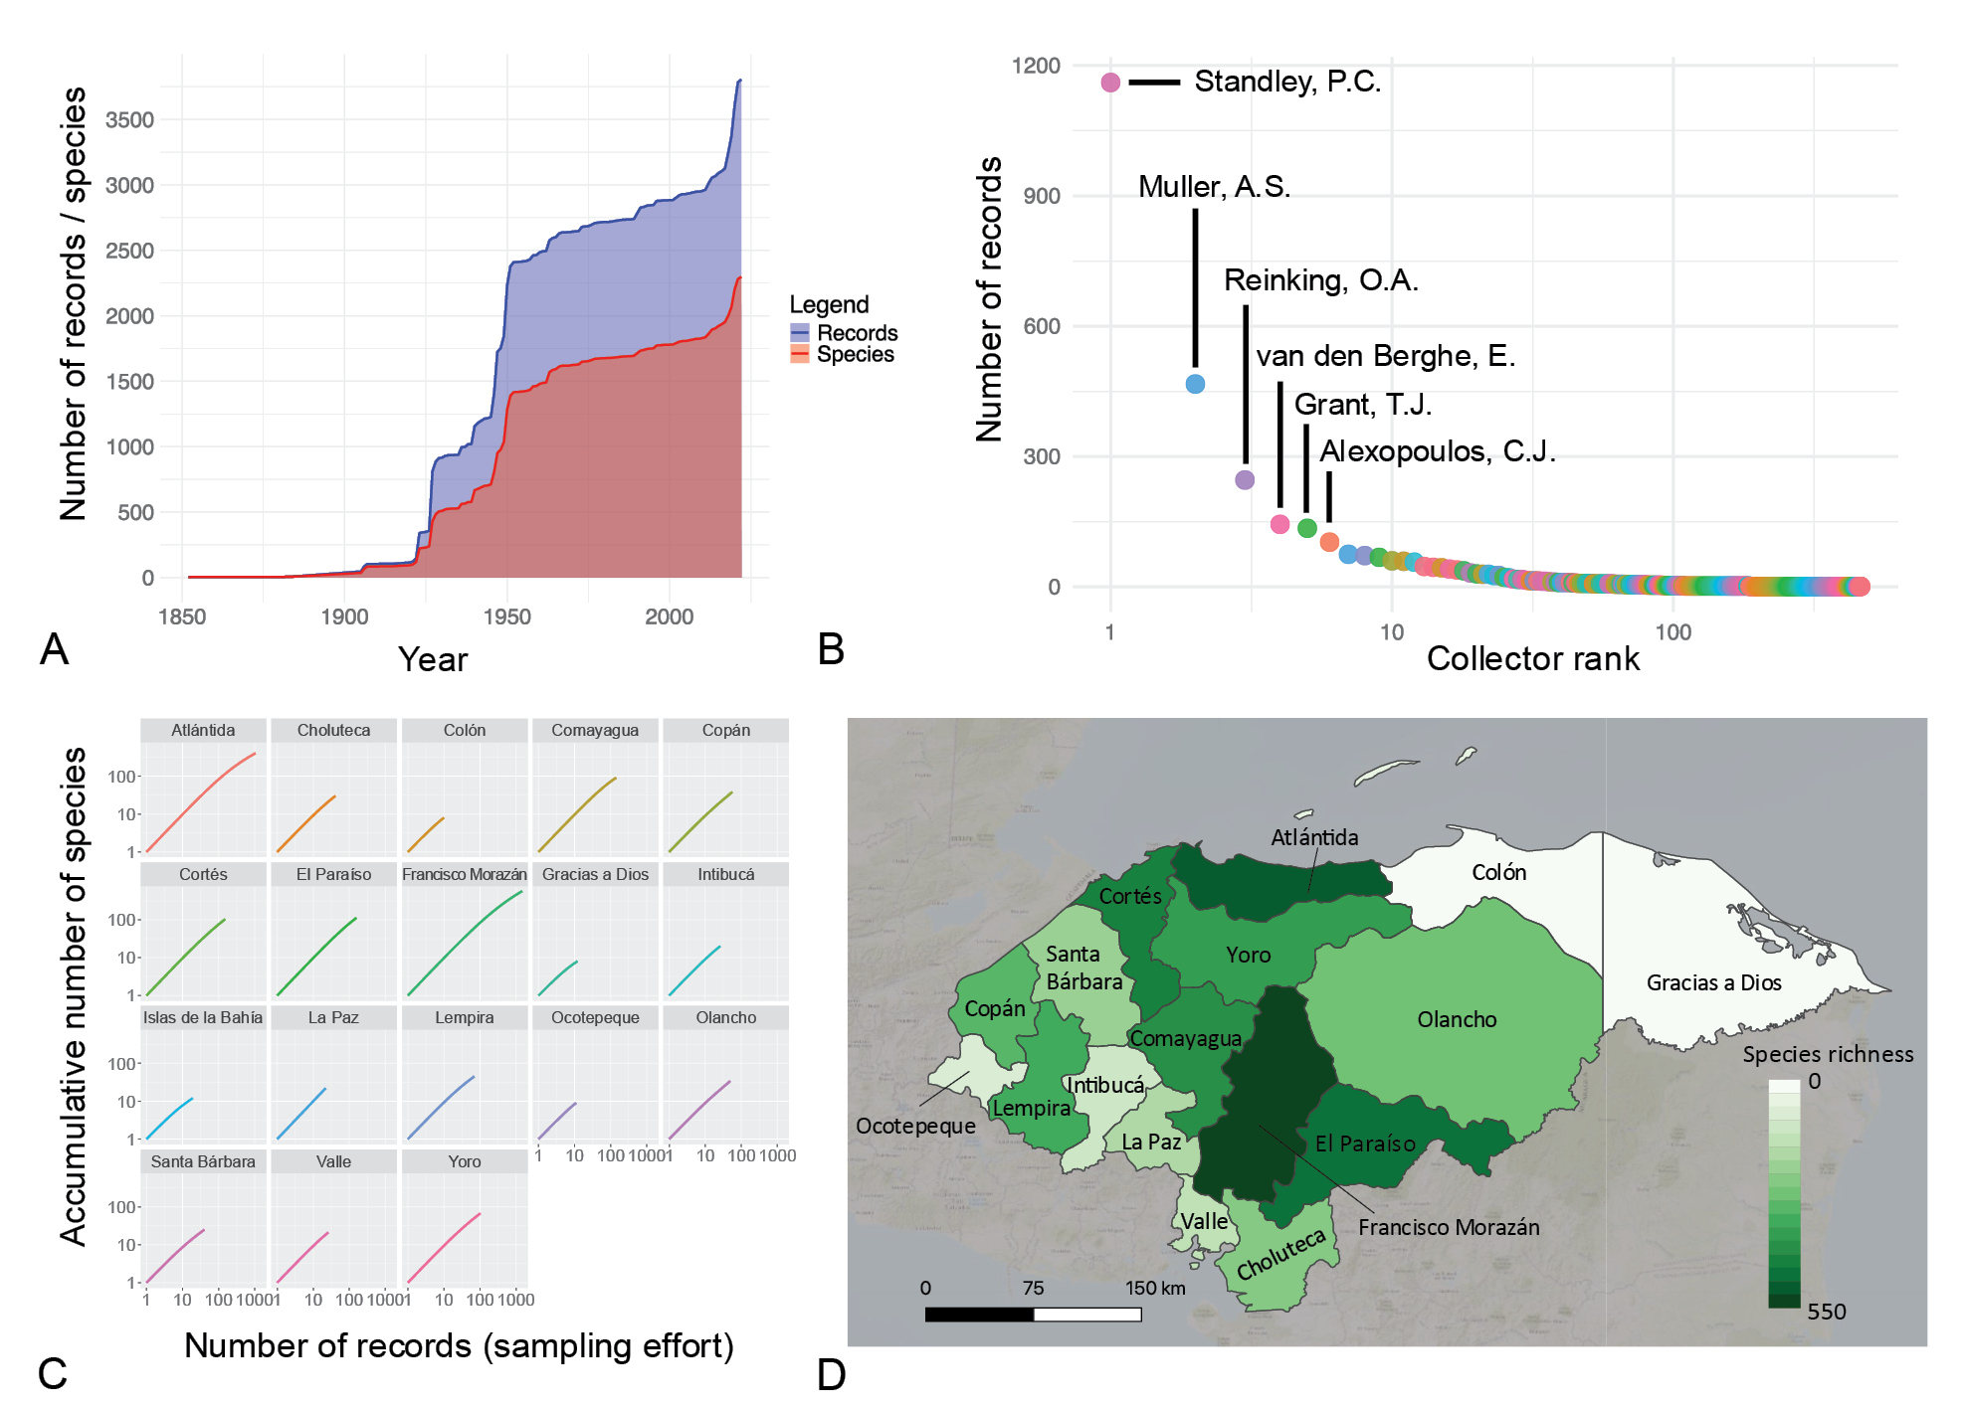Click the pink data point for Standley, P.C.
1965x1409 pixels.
click(x=1110, y=83)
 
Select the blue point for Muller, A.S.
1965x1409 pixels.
click(x=1195, y=384)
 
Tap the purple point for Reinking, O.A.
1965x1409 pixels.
click(x=1245, y=480)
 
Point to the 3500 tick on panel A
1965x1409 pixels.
click(x=129, y=120)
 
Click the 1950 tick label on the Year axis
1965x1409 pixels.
click(x=506, y=617)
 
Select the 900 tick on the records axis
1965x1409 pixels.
click(x=1041, y=196)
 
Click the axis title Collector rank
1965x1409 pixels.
click(x=1532, y=659)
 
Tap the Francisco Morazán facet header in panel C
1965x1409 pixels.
click(x=465, y=875)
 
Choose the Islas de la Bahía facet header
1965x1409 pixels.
click(x=203, y=1018)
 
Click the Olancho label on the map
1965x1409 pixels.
click(x=1457, y=1020)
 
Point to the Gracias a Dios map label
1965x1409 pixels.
click(x=1713, y=983)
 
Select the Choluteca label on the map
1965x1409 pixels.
click(x=1280, y=1255)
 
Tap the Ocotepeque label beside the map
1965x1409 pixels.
click(x=915, y=1127)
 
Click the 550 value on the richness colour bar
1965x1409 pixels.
click(x=1826, y=1313)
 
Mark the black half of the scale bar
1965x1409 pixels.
click(x=979, y=1315)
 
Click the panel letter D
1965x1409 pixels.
click(x=831, y=1375)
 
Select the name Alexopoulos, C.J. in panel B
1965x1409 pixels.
click(x=1437, y=451)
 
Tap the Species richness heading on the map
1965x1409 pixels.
click(x=1828, y=1055)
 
